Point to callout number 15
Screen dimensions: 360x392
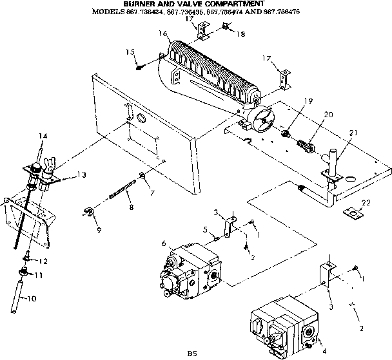coord(130,52)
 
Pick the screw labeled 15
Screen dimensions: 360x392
coord(139,64)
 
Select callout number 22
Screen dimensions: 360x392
coord(367,203)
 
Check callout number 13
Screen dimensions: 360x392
coord(82,174)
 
